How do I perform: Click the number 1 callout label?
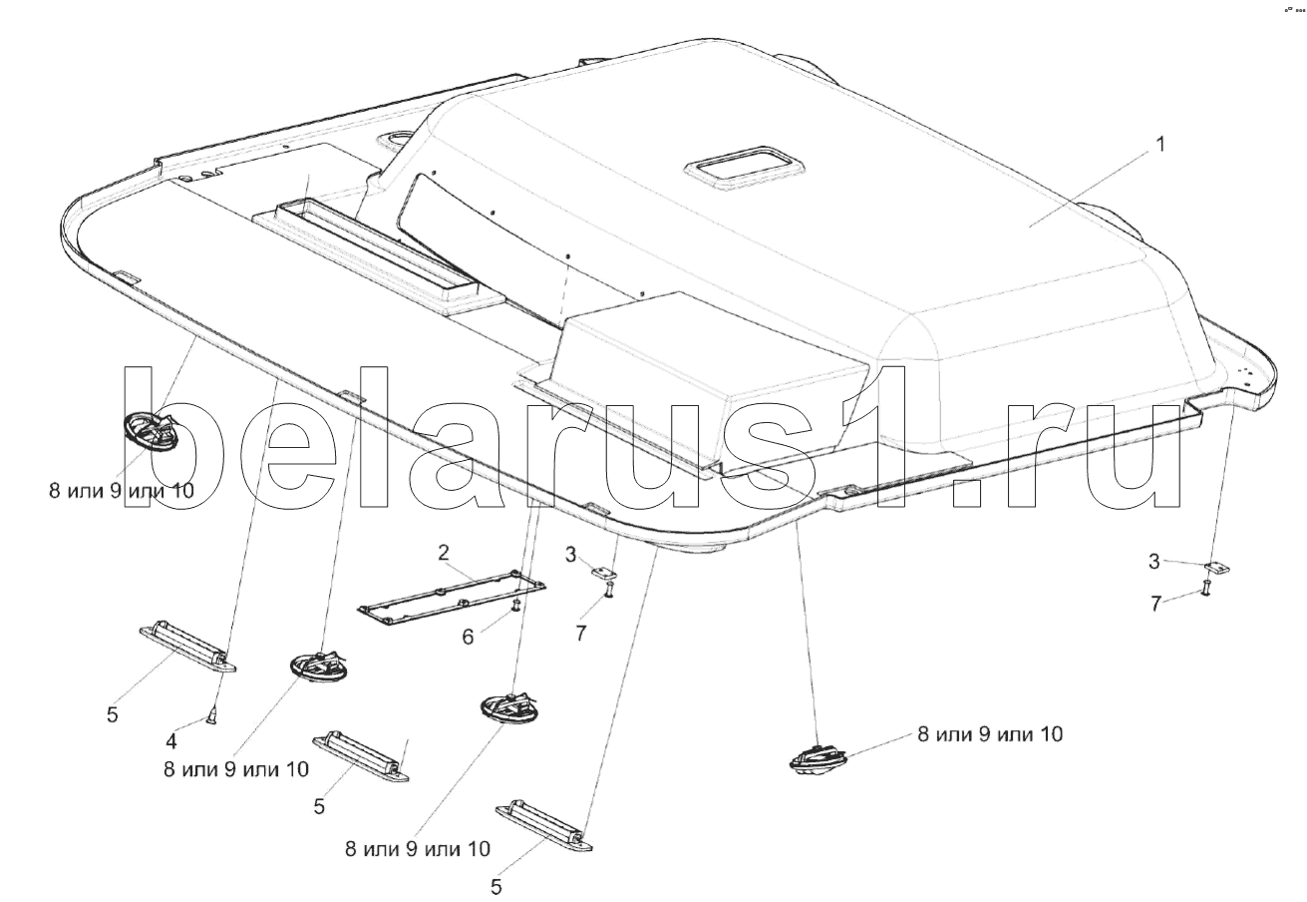click(x=1160, y=145)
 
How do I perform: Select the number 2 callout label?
click(x=444, y=552)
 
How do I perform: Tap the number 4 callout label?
click(x=170, y=741)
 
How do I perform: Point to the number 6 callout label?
click(x=468, y=637)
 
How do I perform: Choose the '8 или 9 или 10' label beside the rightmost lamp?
click(x=990, y=733)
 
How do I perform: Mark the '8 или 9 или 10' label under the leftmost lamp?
click(x=122, y=490)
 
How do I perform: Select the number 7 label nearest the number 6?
click(x=580, y=633)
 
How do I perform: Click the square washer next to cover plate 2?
click(x=604, y=571)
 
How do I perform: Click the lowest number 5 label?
click(x=495, y=887)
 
